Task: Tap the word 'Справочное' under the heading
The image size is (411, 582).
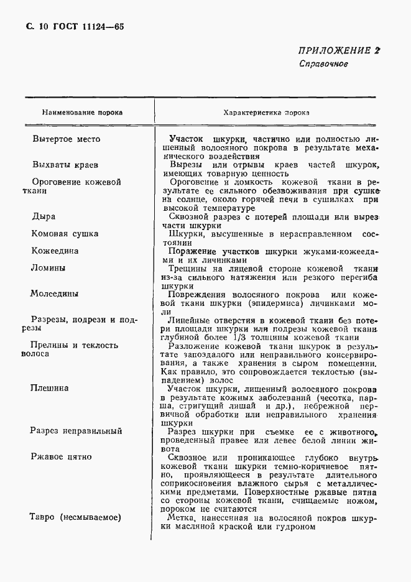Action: pos(323,64)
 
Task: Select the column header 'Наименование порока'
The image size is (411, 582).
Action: pos(82,113)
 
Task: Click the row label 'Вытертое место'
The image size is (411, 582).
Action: pos(66,139)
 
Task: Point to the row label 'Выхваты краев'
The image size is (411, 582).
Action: pos(64,165)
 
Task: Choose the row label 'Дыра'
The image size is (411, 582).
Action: pos(44,216)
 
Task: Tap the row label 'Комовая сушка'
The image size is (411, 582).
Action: pos(65,234)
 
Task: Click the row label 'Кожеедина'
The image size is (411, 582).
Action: pos(55,251)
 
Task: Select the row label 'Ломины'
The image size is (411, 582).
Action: pos(48,268)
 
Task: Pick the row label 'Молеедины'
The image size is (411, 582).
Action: pos(56,293)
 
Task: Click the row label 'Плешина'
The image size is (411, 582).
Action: pos(50,387)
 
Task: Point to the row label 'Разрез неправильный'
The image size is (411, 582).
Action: pos(76,431)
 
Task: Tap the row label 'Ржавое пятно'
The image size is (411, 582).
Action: pos(61,456)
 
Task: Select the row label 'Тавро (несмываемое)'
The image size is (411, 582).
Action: pos(75,517)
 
